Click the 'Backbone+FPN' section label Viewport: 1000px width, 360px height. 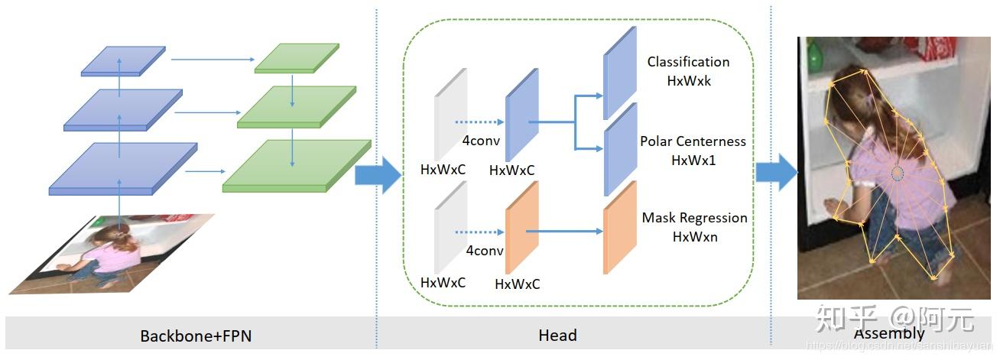pos(196,336)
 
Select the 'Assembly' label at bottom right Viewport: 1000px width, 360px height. pos(888,333)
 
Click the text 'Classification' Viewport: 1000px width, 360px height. pos(688,62)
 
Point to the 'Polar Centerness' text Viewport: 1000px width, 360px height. pos(693,141)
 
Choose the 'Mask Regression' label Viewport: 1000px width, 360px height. pos(694,218)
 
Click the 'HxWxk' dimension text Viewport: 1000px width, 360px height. pos(689,80)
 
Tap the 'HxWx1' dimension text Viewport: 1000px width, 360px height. pos(693,160)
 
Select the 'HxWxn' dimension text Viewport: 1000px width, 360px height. pos(695,237)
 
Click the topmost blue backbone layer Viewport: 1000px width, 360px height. pos(123,61)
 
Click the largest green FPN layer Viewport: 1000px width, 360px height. pos(297,165)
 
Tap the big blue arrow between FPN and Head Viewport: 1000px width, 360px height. pos(378,177)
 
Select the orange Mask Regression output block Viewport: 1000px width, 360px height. pos(619,227)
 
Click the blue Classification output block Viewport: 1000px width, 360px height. pos(619,73)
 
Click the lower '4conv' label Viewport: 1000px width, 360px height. pos(485,251)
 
